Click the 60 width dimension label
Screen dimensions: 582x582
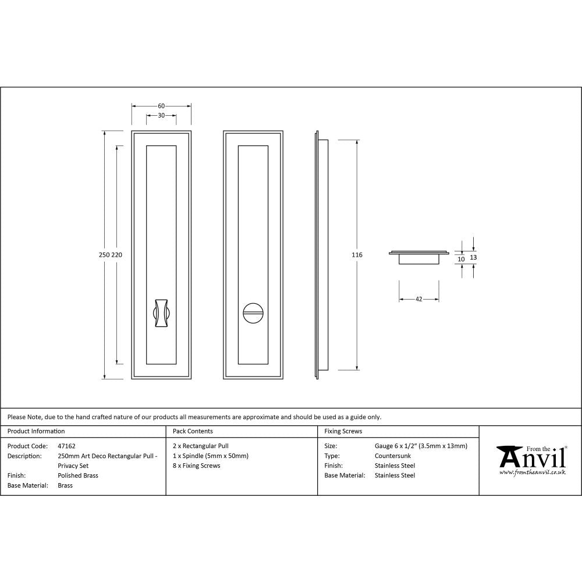[x=161, y=106]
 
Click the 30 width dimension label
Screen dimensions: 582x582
[x=161, y=116]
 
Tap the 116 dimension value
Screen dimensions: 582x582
[x=357, y=255]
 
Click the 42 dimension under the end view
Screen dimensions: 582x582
[x=418, y=299]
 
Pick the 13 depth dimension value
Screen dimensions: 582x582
[x=473, y=257]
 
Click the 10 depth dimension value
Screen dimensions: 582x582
[x=461, y=259]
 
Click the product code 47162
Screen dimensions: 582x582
[x=66, y=446]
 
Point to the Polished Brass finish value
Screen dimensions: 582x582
[x=78, y=475]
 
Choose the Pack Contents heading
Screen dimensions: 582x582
[x=193, y=431]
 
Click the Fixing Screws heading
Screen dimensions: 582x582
[x=343, y=431]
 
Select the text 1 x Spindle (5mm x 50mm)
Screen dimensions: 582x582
[x=211, y=456]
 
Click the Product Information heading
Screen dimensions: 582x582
[x=36, y=431]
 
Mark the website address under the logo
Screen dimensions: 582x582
[x=532, y=473]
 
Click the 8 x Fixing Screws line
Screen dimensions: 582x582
[x=197, y=466]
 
